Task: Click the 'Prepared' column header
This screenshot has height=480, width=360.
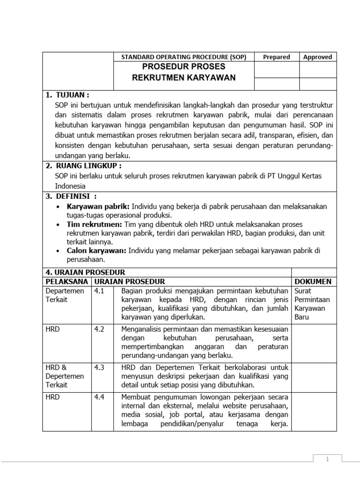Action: click(x=276, y=57)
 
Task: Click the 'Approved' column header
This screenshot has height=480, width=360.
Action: click(x=317, y=57)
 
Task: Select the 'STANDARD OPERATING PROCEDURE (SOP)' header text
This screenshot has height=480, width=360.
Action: click(x=184, y=57)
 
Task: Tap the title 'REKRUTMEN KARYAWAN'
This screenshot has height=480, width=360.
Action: click(x=184, y=77)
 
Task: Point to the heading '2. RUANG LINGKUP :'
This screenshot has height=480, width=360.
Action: click(x=83, y=165)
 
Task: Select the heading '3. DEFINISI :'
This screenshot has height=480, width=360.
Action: click(x=71, y=196)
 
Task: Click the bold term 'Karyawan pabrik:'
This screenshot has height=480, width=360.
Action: click(x=98, y=206)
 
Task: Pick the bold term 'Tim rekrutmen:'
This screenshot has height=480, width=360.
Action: click(x=94, y=225)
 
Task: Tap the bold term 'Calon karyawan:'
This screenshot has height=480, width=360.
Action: click(x=97, y=251)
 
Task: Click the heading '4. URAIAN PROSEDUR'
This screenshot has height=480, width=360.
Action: click(x=85, y=272)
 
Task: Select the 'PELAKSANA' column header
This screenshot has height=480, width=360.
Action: click(x=66, y=281)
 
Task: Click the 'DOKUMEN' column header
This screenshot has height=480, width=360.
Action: click(x=313, y=281)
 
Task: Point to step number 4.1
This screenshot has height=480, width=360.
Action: click(x=99, y=291)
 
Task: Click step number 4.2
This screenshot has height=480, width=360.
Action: click(x=99, y=329)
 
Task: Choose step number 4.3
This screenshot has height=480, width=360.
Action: click(x=99, y=367)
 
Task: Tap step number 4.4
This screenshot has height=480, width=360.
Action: click(x=99, y=397)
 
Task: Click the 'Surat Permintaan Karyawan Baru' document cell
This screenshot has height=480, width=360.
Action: click(x=312, y=304)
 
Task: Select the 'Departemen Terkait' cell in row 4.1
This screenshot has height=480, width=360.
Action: click(x=65, y=295)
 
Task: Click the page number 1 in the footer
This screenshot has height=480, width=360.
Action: click(x=327, y=459)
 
